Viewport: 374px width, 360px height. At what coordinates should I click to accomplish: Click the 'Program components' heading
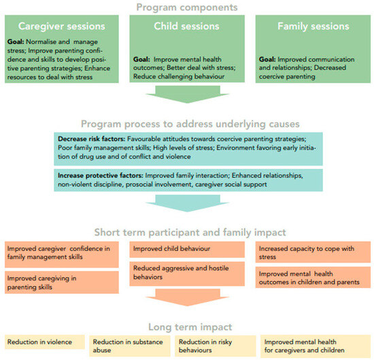coord(187,7)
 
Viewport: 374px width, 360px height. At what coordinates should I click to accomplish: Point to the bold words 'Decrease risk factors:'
coord(90,138)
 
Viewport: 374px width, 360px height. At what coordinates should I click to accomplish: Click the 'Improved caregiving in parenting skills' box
coord(62,282)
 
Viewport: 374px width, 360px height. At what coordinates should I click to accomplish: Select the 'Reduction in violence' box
coord(44,342)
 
